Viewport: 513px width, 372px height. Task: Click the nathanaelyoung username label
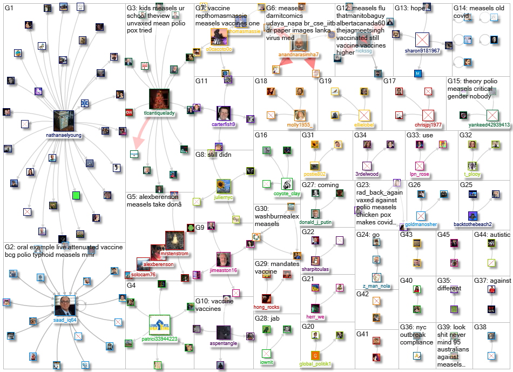coord(67,136)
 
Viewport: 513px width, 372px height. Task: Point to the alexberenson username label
coord(159,264)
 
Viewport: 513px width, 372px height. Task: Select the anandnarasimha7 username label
coord(298,55)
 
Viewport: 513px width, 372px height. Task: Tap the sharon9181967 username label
coord(422,50)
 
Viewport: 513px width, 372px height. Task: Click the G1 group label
coord(9,9)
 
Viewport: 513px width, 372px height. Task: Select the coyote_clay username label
coord(287,194)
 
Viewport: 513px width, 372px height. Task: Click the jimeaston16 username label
coord(224,270)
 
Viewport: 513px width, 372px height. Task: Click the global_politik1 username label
coord(316,364)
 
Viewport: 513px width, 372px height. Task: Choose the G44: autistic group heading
coord(491,235)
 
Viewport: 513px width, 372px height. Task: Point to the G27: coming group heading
coord(320,185)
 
